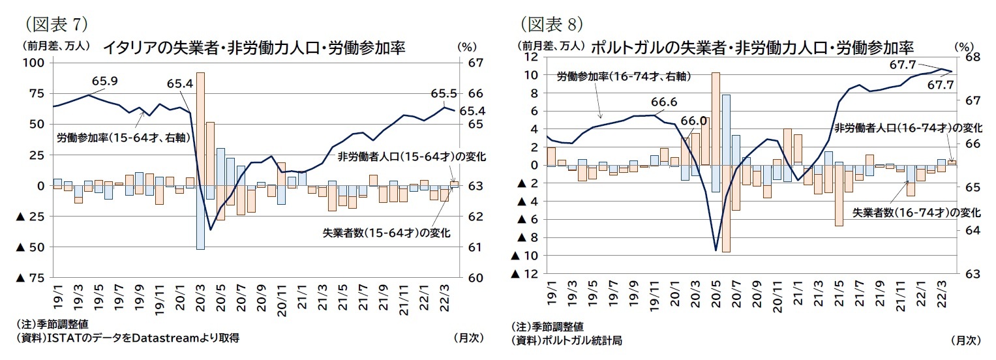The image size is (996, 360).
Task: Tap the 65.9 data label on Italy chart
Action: coord(104,82)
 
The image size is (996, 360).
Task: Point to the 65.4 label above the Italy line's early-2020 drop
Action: coord(179,84)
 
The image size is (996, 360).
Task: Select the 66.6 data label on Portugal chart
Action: coord(664,102)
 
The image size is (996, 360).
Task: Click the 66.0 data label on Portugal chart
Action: coord(693,121)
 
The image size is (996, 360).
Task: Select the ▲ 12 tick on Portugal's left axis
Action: coord(526,274)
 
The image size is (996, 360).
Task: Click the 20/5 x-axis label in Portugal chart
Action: coord(716,296)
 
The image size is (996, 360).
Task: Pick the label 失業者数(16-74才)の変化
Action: coord(916,213)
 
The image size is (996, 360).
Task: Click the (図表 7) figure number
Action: coord(55,25)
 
